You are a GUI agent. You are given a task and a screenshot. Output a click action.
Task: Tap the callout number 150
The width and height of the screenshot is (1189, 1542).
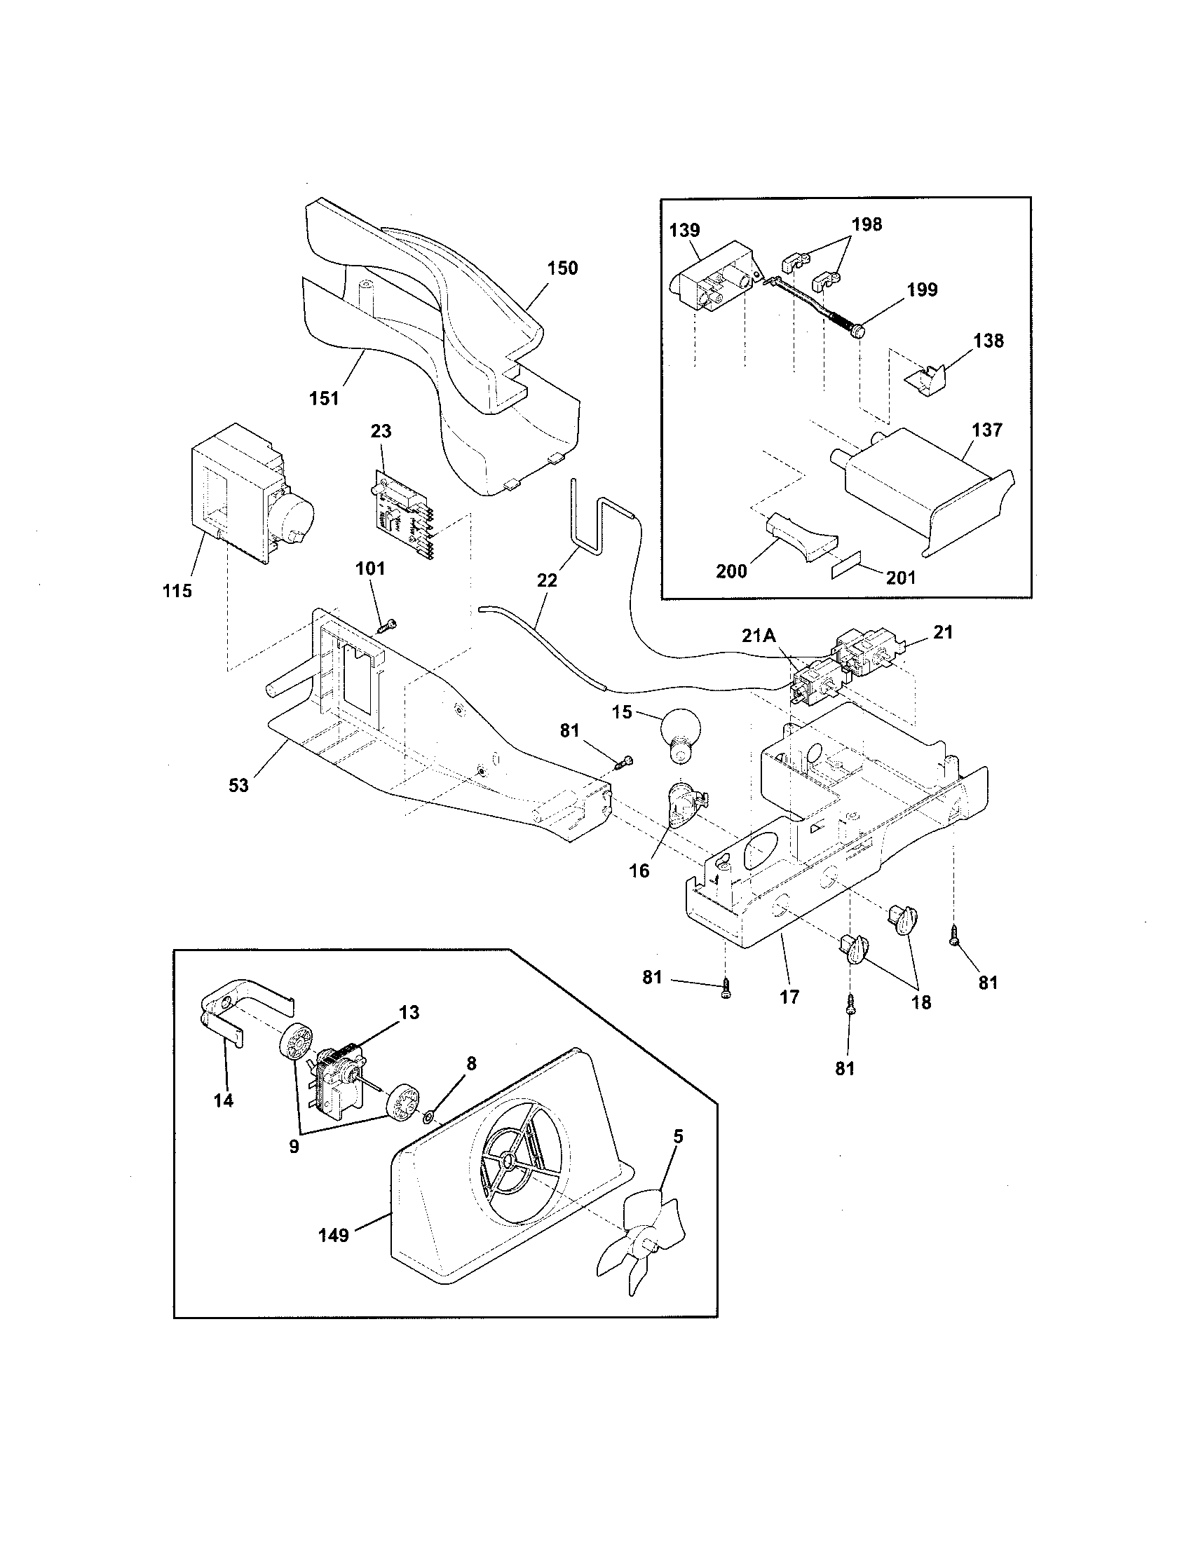pos(562,268)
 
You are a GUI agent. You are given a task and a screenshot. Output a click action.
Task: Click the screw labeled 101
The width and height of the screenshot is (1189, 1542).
pos(386,623)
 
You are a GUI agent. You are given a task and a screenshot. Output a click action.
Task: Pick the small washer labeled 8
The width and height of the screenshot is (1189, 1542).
pos(428,1117)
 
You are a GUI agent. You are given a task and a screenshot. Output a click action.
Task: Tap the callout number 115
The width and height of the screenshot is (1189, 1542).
pos(177,591)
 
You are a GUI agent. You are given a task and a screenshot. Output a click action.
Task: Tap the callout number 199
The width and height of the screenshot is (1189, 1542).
pos(922,289)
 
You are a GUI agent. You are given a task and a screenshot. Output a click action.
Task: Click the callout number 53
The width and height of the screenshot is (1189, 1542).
pos(238,785)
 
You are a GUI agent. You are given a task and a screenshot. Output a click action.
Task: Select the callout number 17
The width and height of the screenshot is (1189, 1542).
pos(789,996)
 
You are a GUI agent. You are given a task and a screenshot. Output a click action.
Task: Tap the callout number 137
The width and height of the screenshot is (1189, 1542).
pos(986,429)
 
